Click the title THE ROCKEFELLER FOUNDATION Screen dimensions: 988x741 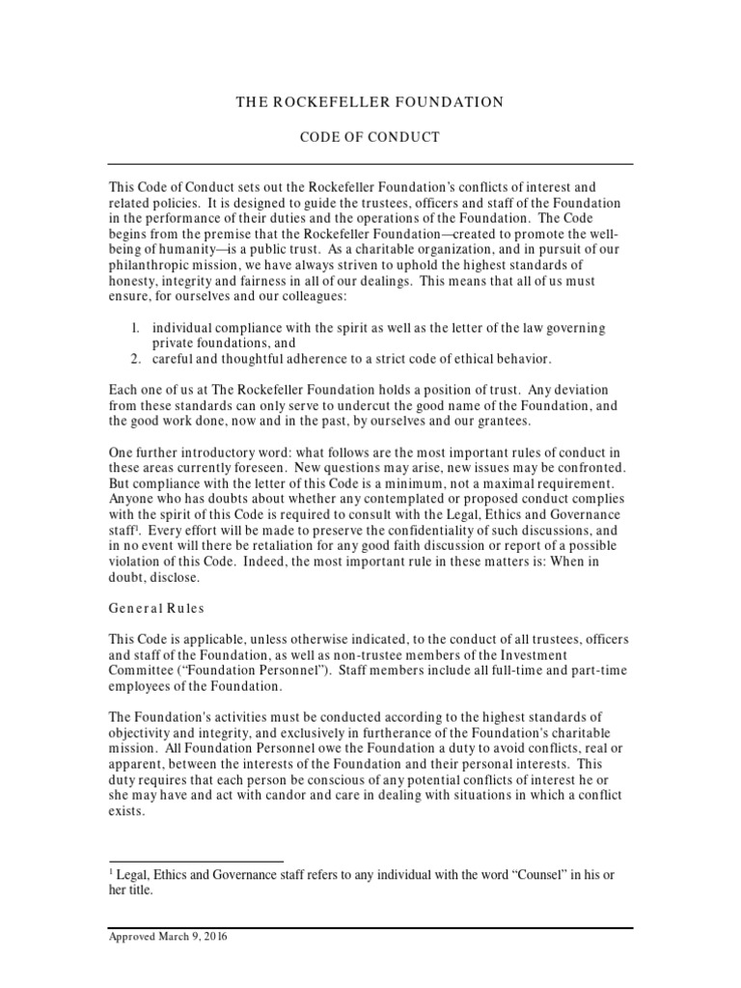click(370, 102)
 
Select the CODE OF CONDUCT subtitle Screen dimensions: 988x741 click(370, 138)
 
